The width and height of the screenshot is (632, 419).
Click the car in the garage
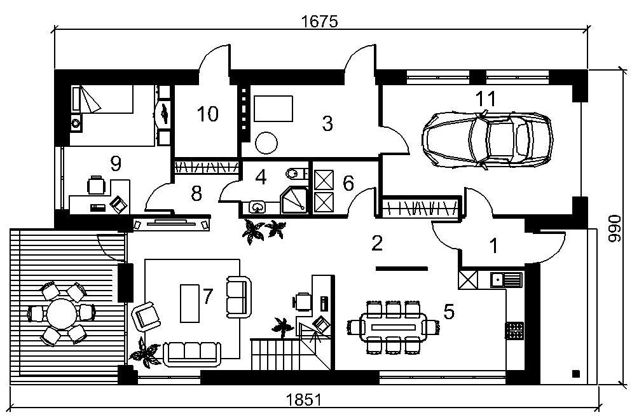487,140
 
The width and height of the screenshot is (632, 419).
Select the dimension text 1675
319,21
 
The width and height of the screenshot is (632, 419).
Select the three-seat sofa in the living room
191,354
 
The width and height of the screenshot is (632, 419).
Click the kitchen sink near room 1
506,279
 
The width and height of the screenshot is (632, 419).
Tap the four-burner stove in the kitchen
514,329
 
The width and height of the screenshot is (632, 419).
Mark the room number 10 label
207,114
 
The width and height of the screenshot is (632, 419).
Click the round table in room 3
266,142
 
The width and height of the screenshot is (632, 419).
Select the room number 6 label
348,183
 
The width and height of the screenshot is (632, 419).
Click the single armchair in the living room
147,315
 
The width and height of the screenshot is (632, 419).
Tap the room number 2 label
377,242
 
